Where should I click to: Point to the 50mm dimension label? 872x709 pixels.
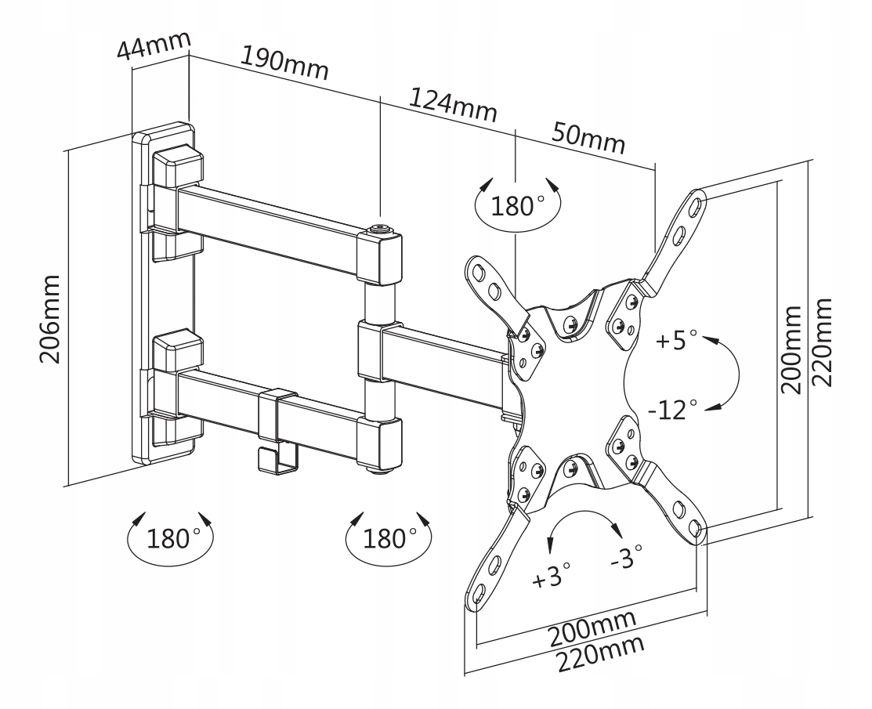pyautogui.click(x=589, y=138)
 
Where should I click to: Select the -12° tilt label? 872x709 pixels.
pyautogui.click(x=672, y=409)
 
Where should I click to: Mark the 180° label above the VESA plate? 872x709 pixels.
pyautogui.click(x=518, y=206)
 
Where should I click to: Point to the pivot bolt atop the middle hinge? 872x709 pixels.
pyautogui.click(x=381, y=229)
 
